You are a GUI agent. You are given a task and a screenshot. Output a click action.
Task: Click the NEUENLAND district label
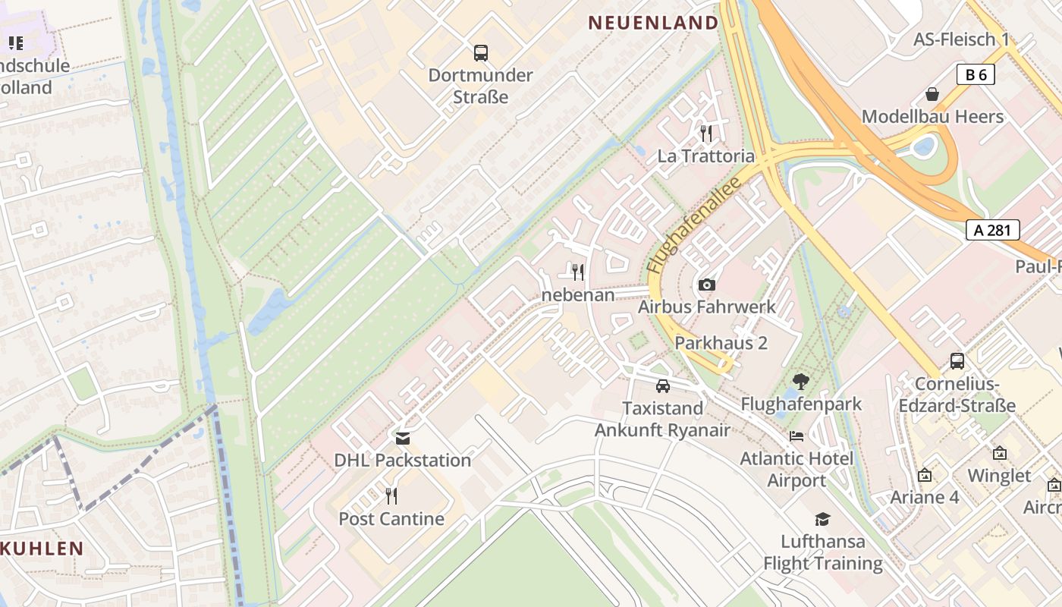click(x=653, y=23)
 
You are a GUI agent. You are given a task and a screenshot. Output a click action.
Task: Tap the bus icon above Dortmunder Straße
click(x=481, y=53)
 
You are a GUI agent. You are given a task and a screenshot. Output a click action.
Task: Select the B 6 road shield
click(x=976, y=74)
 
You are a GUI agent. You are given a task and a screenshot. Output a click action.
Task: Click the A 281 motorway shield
click(x=992, y=230)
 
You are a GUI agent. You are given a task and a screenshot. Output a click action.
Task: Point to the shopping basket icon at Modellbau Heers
click(x=932, y=94)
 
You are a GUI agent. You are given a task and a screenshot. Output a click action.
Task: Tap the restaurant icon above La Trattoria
click(x=706, y=134)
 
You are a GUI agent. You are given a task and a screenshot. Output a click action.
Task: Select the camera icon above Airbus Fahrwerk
click(x=706, y=285)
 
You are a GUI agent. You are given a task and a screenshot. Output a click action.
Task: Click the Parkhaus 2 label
click(x=721, y=343)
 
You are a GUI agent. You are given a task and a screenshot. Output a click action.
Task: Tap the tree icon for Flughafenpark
click(x=800, y=382)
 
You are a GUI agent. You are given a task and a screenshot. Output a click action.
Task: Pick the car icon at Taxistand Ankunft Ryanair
click(x=662, y=385)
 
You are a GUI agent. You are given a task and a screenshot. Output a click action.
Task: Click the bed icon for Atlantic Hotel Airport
click(x=796, y=436)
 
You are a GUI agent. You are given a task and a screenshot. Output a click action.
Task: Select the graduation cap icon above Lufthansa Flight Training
click(x=822, y=519)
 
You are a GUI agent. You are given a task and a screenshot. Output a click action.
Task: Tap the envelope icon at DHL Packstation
click(x=402, y=438)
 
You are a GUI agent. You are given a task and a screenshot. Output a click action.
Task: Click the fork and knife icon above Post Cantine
click(x=391, y=496)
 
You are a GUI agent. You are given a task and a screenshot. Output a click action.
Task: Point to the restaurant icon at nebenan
click(x=578, y=272)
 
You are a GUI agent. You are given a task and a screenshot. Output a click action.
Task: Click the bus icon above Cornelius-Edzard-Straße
click(x=957, y=361)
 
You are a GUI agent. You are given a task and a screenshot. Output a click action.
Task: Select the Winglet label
click(x=999, y=476)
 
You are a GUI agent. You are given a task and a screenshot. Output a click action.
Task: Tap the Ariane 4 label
click(x=924, y=498)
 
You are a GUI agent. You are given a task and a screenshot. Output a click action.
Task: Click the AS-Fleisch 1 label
click(x=961, y=39)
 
